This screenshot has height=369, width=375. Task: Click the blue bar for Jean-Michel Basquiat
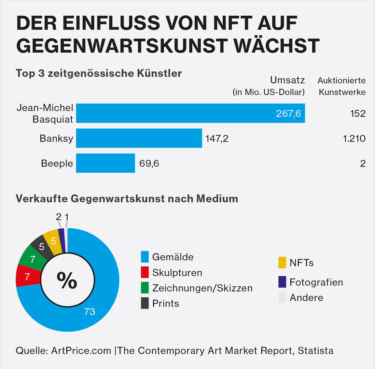click(190, 113)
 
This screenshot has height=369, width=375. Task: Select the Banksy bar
click(139, 138)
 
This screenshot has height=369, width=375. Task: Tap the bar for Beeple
click(105, 163)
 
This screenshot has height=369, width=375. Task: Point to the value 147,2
click(217, 138)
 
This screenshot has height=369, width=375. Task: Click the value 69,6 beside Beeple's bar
click(149, 163)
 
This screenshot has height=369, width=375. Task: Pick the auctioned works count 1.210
click(353, 138)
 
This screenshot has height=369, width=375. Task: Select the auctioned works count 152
click(358, 113)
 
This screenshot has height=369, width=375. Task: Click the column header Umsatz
click(287, 80)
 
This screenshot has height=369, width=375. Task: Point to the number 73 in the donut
click(89, 312)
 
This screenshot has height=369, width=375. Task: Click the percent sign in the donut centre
click(67, 281)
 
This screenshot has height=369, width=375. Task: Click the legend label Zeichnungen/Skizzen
click(202, 288)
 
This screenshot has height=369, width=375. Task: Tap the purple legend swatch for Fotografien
click(282, 282)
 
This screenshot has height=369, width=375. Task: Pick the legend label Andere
click(306, 298)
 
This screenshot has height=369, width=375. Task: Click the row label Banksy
click(56, 138)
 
